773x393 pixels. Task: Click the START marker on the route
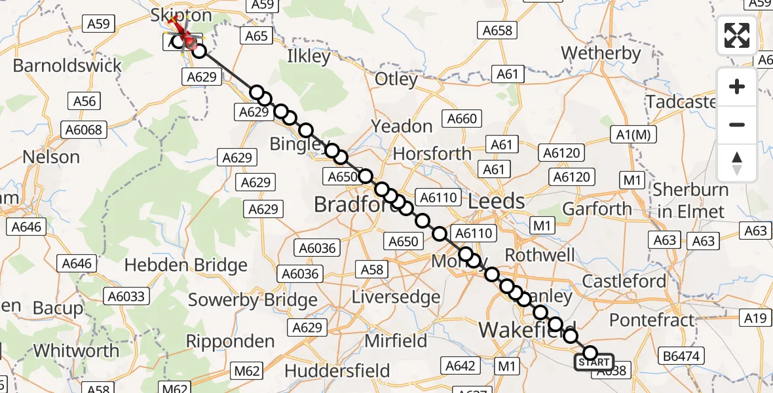(x=594, y=362)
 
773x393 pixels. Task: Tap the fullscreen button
(x=737, y=35)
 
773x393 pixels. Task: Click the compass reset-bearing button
(x=737, y=163)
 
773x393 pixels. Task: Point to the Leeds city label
(x=496, y=201)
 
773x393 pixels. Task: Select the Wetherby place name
(x=601, y=53)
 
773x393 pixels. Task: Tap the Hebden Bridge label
(x=185, y=265)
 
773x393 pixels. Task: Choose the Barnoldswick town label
(x=67, y=65)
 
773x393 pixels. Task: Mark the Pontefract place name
(x=652, y=320)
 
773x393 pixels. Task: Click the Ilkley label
(x=309, y=57)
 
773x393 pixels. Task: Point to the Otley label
(x=396, y=80)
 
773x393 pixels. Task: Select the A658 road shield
(x=497, y=30)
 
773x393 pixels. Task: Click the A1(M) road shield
(x=631, y=134)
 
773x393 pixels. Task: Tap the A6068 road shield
(x=85, y=130)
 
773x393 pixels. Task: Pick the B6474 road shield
(x=681, y=356)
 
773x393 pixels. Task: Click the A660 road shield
(x=462, y=119)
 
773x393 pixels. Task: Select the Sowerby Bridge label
(x=253, y=301)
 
